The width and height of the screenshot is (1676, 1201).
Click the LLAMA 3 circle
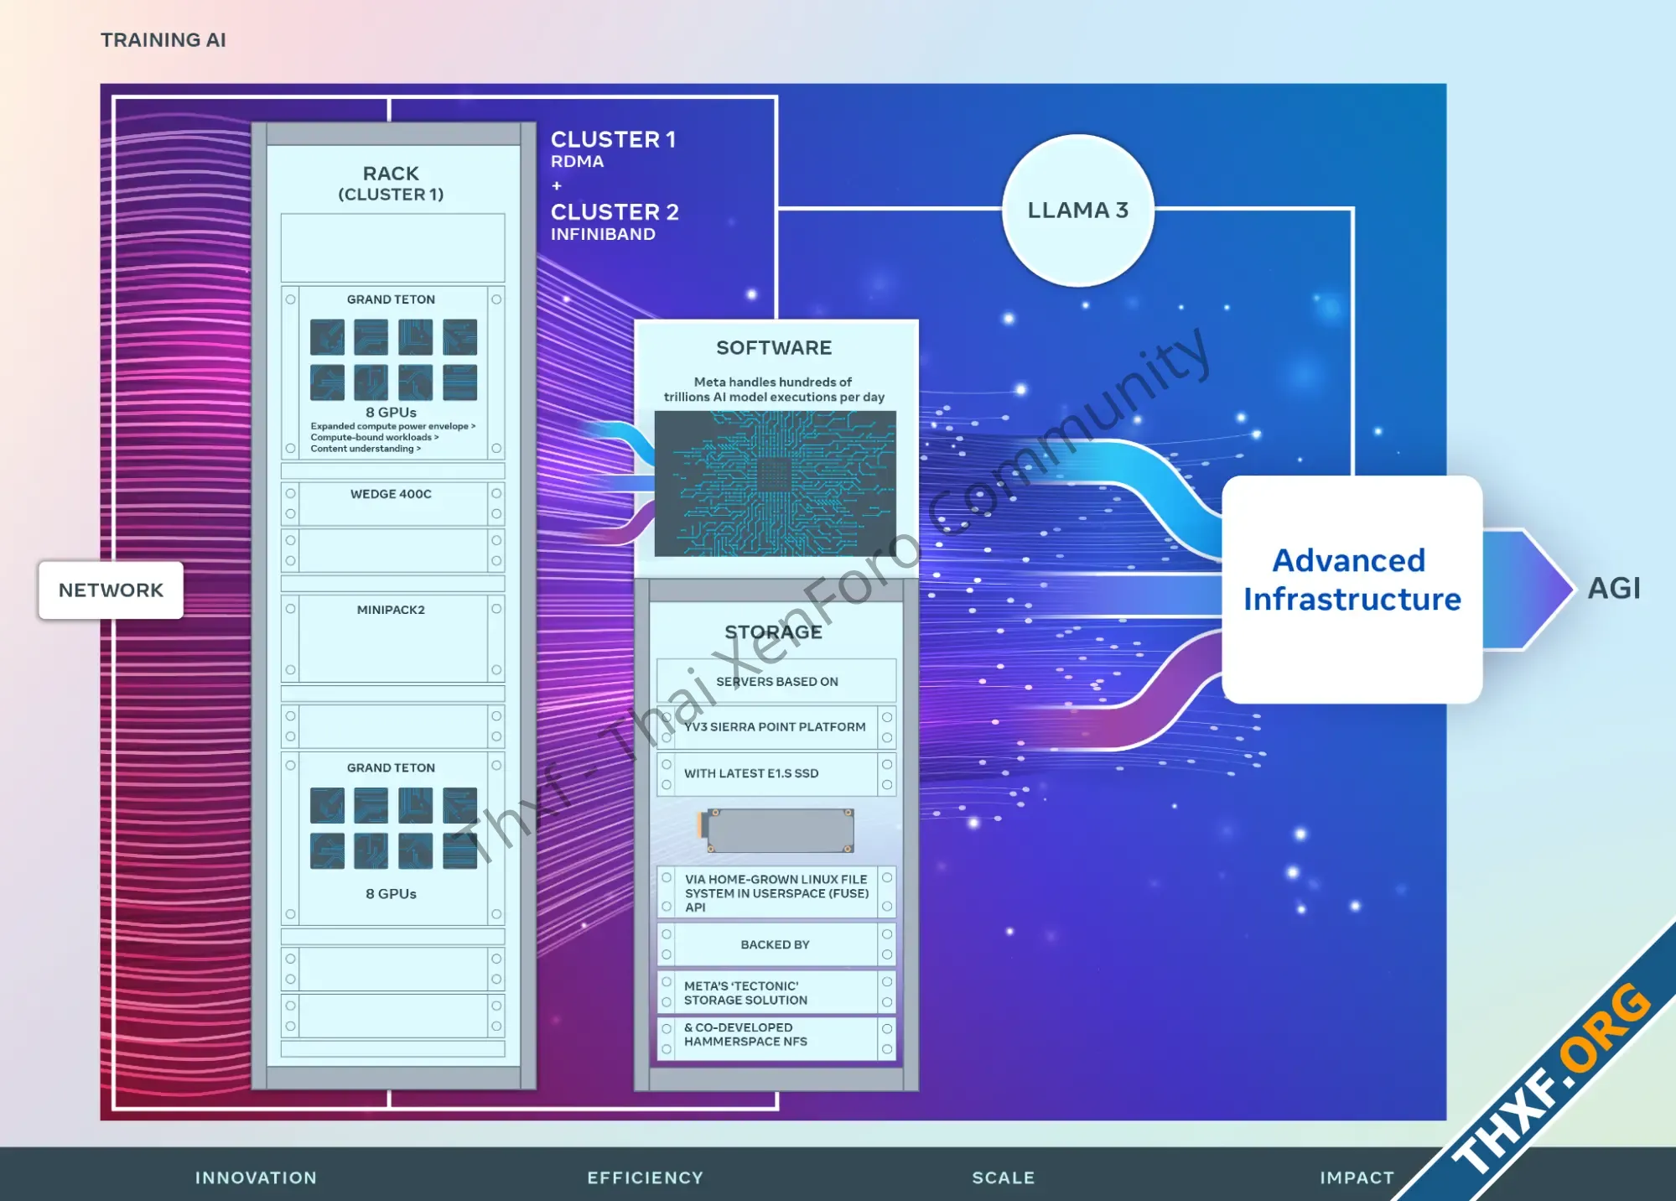1077,210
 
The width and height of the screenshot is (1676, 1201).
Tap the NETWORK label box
111,590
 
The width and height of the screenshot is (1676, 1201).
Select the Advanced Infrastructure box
1352,589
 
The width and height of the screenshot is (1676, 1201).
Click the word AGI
1614,588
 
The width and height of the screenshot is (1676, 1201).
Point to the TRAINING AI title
163,40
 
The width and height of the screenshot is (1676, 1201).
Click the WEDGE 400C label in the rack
391,494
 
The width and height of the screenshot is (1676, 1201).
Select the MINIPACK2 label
391,610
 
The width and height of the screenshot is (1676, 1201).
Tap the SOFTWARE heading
774,347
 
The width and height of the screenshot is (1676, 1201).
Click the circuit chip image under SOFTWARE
775,483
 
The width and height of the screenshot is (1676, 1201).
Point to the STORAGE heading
773,632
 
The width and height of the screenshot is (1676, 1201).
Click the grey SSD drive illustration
776,830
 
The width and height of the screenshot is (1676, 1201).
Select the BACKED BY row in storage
776,944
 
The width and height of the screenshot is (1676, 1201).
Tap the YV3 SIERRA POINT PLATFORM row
776,727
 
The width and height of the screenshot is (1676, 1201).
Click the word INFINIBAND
603,234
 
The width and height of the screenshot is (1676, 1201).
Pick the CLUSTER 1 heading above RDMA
613,139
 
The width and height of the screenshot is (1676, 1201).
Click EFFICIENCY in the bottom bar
645,1178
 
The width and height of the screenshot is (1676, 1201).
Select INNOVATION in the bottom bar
256,1178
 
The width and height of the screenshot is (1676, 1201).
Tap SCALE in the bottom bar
1003,1178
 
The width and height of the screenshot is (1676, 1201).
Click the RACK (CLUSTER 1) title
391,183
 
